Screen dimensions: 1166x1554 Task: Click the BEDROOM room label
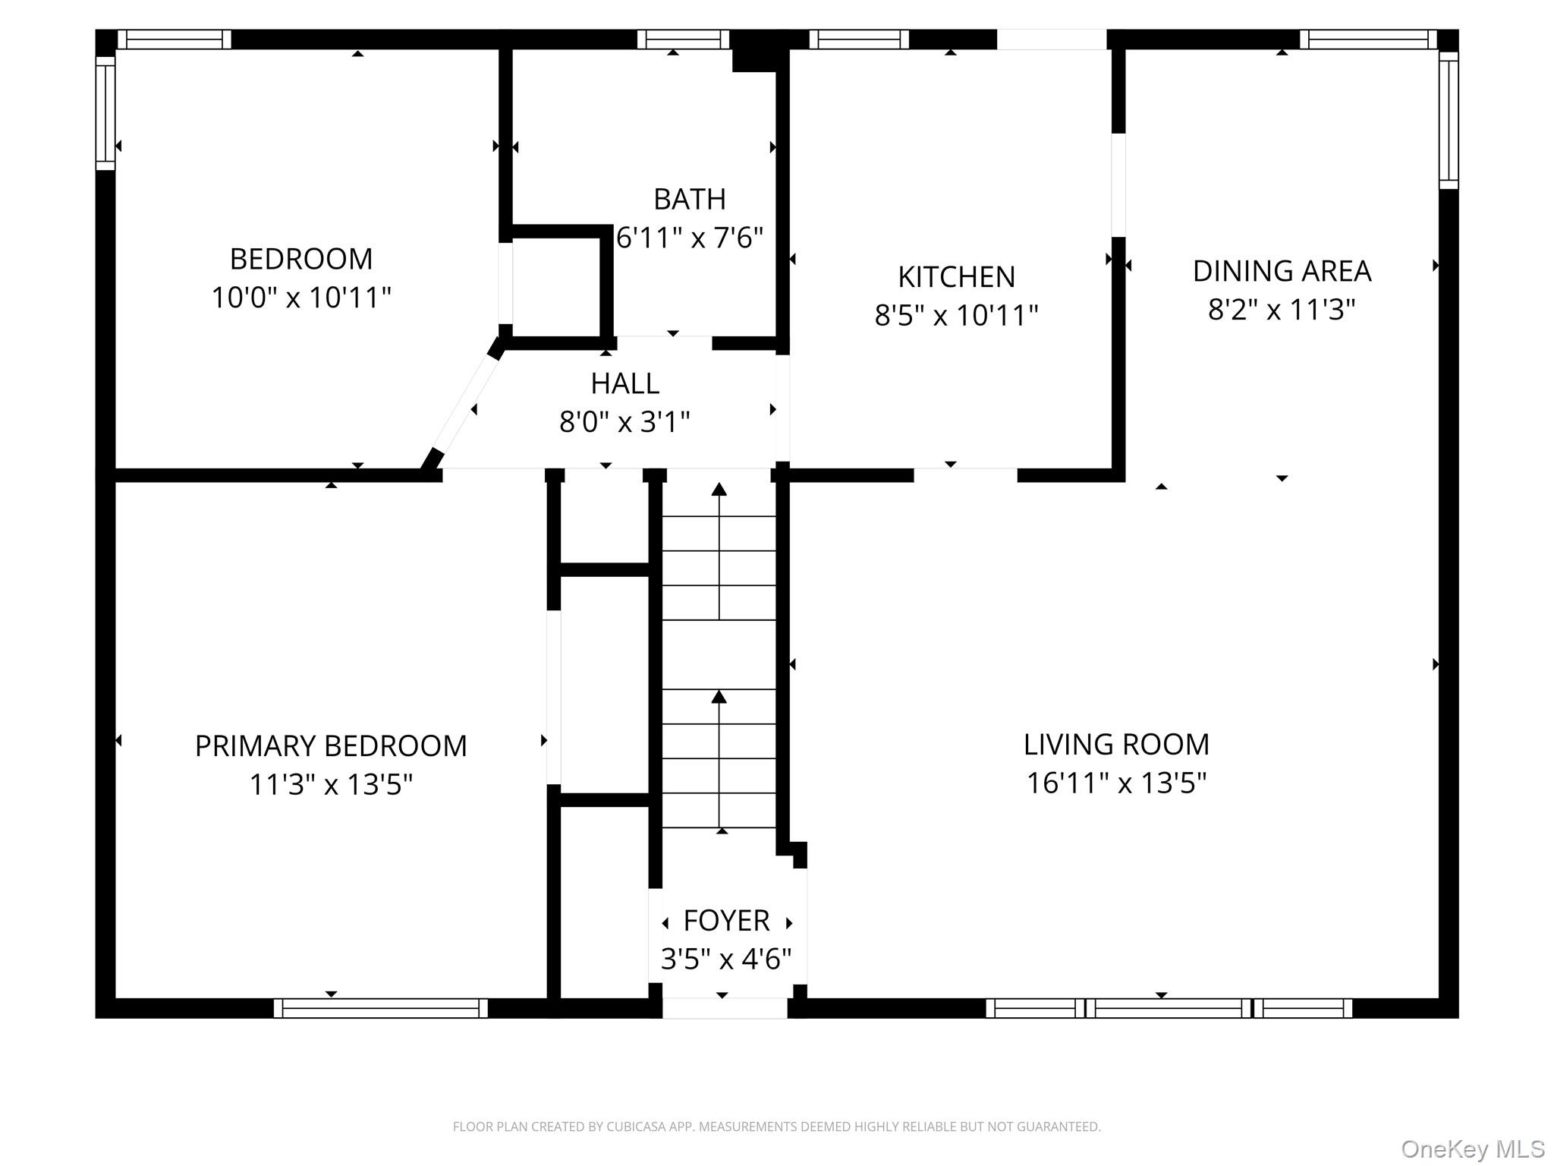pos(301,259)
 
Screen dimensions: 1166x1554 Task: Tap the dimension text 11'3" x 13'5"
pos(331,784)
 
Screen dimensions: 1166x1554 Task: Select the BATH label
pos(689,199)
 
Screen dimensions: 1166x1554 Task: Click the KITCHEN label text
pos(956,277)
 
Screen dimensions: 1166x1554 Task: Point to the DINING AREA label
pos(1282,271)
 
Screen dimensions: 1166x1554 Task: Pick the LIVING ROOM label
pos(1116,745)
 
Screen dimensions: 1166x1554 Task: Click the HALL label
pos(624,383)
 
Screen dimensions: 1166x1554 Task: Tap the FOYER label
pos(726,921)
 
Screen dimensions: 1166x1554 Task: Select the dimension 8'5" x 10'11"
pos(956,315)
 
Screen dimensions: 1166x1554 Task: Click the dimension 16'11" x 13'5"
pos(1116,783)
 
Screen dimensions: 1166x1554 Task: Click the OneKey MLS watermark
pos(1472,1149)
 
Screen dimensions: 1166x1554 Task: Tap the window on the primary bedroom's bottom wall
pos(381,1008)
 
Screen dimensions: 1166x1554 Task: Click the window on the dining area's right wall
pos(1449,120)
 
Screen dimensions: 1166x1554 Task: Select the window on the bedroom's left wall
pos(105,112)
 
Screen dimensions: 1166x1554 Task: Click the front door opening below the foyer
pos(725,1008)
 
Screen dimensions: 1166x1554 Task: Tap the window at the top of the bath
pos(683,39)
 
